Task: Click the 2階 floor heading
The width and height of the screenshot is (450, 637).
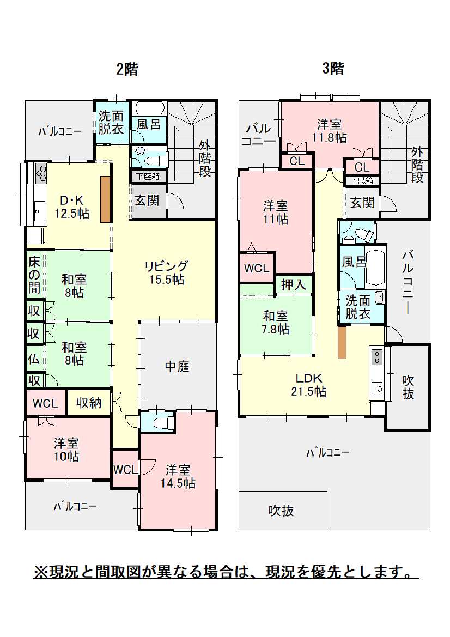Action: [x=127, y=69]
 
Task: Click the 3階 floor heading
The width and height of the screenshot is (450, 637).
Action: [x=333, y=68]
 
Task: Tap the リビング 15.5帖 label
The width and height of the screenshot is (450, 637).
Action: [x=167, y=272]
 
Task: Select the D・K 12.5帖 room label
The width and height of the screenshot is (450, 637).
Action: [x=72, y=207]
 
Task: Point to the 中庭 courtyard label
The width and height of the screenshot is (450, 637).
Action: [x=177, y=366]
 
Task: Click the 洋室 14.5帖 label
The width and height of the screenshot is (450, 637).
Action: [x=178, y=476]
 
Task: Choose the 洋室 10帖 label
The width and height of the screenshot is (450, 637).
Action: [x=66, y=450]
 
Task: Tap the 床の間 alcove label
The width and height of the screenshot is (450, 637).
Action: [x=34, y=275]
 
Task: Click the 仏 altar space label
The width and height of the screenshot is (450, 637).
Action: [x=34, y=359]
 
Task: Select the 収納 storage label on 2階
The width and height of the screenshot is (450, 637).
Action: [x=89, y=403]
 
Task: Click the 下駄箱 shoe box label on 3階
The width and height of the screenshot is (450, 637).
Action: [x=362, y=181]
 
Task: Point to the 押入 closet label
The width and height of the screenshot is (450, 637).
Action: [x=293, y=284]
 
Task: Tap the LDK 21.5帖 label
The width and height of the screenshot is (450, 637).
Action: [x=309, y=385]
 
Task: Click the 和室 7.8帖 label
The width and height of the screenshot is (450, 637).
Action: [x=276, y=322]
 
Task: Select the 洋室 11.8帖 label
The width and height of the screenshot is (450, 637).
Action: [x=330, y=130]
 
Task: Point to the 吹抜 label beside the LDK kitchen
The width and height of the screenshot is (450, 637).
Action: [x=408, y=387]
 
